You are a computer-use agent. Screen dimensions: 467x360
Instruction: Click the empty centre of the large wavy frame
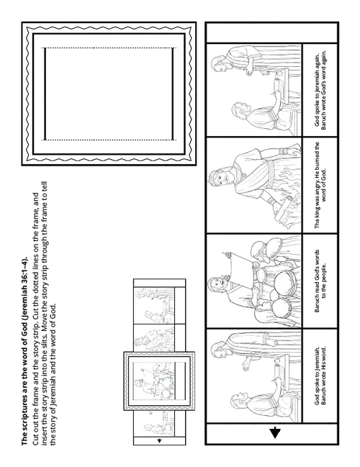pos(109,93)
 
